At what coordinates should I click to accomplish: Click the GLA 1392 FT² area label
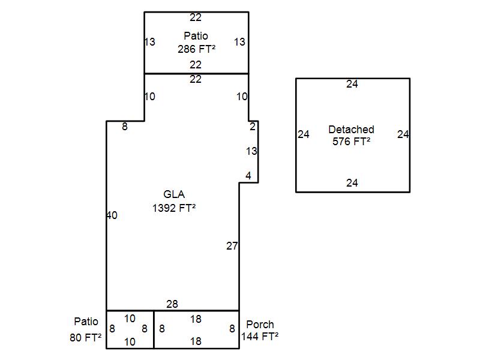click(174, 201)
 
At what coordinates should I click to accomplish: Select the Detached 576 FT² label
click(352, 136)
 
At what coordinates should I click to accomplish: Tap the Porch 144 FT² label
click(260, 331)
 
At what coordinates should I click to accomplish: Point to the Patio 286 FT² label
click(196, 42)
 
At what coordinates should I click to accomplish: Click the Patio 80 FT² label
click(86, 329)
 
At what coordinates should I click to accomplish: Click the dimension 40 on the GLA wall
click(112, 215)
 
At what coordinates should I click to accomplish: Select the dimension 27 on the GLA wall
click(232, 246)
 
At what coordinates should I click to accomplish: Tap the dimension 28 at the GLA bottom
click(172, 304)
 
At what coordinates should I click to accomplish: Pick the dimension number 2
click(253, 127)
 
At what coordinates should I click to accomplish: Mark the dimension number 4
click(248, 175)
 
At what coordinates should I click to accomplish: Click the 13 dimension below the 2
click(251, 151)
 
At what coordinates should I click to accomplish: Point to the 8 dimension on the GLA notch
click(125, 127)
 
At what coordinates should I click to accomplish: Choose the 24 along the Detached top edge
click(352, 84)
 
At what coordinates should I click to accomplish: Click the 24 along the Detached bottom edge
click(352, 183)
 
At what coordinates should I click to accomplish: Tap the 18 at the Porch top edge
click(196, 319)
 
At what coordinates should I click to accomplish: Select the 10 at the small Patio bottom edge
click(130, 341)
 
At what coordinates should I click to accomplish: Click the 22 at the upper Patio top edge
click(196, 17)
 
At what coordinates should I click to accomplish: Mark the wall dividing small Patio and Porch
click(154, 329)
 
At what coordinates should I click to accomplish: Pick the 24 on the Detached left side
click(304, 134)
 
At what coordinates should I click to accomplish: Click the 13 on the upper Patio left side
click(149, 42)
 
